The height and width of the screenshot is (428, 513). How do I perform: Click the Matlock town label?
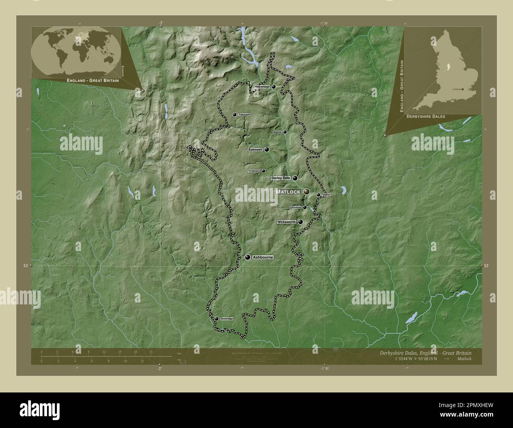(x=288, y=191)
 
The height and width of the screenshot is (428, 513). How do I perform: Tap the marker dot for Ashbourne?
(x=247, y=257)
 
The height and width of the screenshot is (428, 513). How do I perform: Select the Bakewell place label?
(x=255, y=150)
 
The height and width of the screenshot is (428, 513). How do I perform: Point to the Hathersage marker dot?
(x=273, y=87)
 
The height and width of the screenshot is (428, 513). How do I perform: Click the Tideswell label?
(x=244, y=115)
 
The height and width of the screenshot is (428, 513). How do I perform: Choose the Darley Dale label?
(x=281, y=178)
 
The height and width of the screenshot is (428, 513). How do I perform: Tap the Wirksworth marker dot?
(x=301, y=222)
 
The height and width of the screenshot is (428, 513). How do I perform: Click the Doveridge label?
(x=227, y=319)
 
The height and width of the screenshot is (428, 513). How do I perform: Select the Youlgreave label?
(x=254, y=171)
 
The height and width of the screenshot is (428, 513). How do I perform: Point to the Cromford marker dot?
(x=305, y=207)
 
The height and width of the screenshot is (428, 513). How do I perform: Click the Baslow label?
(x=277, y=132)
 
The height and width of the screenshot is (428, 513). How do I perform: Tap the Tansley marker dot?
(x=318, y=195)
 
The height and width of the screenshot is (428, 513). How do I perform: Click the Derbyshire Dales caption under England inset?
(x=426, y=116)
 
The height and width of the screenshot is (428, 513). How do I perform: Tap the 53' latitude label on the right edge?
(x=486, y=266)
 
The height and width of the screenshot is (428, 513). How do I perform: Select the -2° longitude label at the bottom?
(x=159, y=368)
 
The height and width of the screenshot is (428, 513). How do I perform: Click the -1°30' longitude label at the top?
(x=324, y=23)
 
